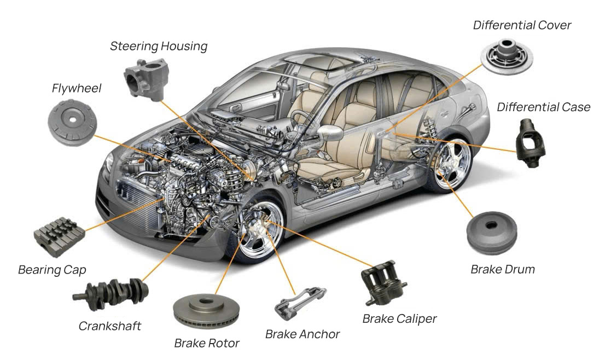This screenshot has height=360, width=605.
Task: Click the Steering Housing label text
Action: coord(159,46)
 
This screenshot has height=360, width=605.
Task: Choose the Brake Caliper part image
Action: coord(383,285)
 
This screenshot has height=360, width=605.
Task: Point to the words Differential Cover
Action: coord(522,25)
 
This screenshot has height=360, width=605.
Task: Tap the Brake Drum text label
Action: coord(502,269)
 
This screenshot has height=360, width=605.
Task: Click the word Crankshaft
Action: coord(110,326)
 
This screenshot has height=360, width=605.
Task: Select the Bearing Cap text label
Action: coord(53,270)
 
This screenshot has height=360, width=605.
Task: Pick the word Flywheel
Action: coord(77,88)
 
